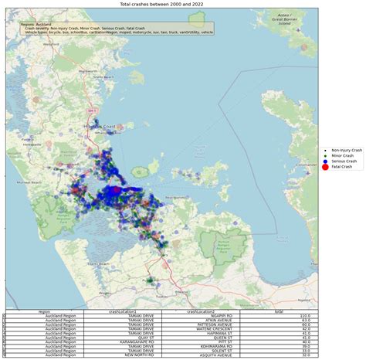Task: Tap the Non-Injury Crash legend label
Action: (x=341, y=148)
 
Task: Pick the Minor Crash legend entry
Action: (x=339, y=154)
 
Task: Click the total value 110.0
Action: (x=305, y=316)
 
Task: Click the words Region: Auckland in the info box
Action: (x=36, y=25)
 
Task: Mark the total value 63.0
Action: (x=306, y=321)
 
